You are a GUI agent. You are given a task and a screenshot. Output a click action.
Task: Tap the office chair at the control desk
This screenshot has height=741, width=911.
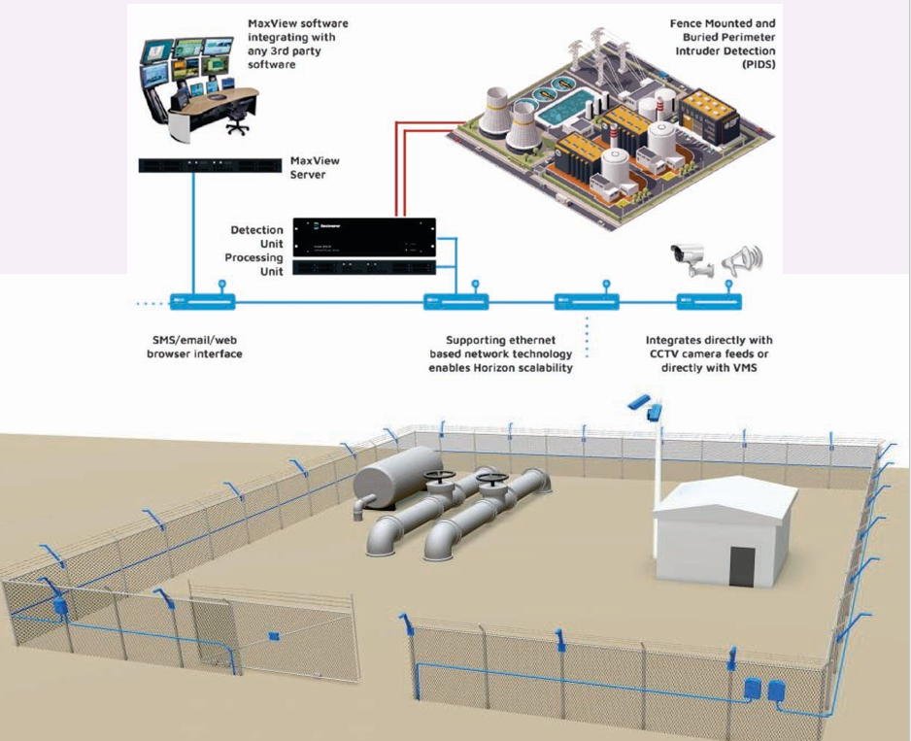[236, 118]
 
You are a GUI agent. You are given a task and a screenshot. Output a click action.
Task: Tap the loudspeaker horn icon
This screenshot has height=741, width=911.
[743, 258]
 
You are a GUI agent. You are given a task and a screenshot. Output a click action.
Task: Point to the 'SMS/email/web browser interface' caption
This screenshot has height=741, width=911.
[189, 347]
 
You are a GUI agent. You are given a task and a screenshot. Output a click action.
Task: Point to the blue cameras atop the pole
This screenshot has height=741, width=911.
[644, 405]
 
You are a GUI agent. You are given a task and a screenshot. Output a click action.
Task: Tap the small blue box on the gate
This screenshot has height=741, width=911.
[274, 637]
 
